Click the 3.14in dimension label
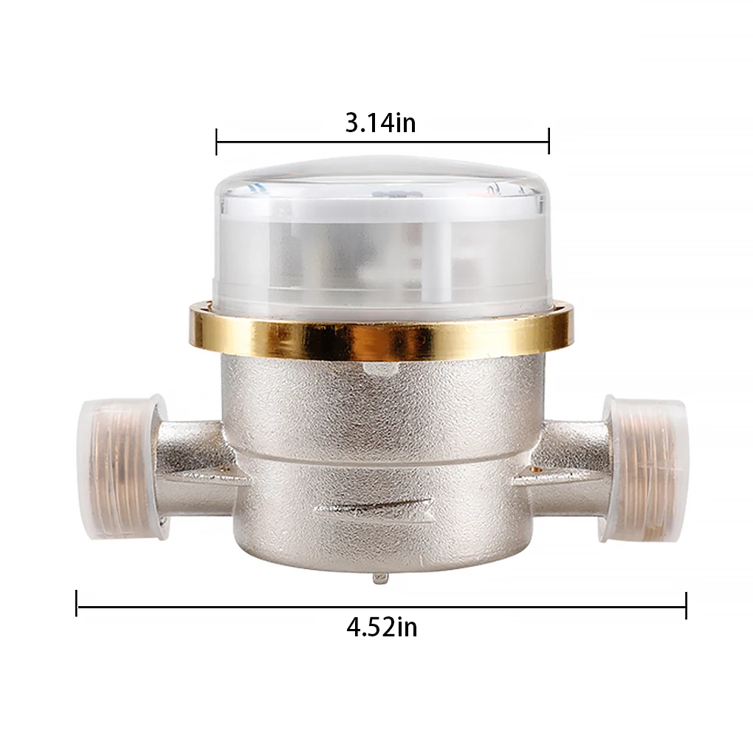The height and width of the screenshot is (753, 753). (x=380, y=122)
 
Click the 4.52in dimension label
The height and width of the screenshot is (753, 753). (x=382, y=627)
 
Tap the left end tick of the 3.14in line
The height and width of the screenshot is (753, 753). (x=216, y=141)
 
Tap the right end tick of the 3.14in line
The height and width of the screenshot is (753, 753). (x=549, y=141)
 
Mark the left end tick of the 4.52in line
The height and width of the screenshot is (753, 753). (x=77, y=603)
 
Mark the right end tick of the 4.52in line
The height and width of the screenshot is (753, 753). (x=686, y=605)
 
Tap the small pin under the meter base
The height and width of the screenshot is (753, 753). (x=380, y=577)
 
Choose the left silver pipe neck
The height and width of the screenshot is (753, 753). (x=192, y=461)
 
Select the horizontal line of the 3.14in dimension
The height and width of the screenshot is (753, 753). (x=295, y=141)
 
